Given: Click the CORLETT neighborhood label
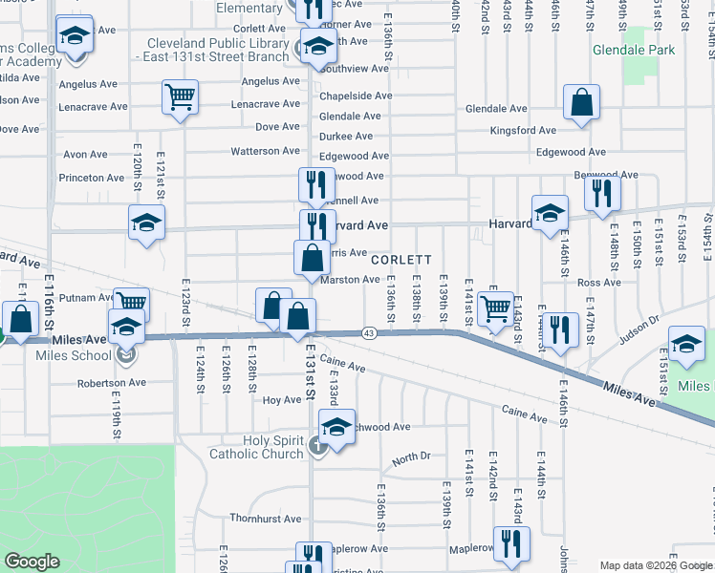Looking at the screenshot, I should [x=401, y=260].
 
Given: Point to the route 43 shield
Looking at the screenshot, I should [x=368, y=333].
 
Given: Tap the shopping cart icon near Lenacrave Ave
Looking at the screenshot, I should [x=180, y=97].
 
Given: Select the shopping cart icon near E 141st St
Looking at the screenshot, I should [x=495, y=309].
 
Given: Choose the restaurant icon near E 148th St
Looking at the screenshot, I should [x=602, y=193].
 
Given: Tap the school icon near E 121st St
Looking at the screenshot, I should [x=146, y=223].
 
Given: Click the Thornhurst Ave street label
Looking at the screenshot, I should [x=266, y=519].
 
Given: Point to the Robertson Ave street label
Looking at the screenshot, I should [x=112, y=382].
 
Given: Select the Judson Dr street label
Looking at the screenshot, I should [x=639, y=327].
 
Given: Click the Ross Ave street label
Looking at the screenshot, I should [x=599, y=282].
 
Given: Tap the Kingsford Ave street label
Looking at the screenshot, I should [x=522, y=131].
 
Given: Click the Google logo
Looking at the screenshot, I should [x=32, y=562].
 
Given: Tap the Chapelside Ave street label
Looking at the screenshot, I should [x=355, y=95].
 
